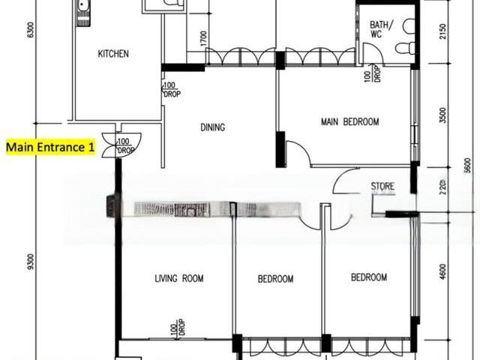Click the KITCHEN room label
pyautogui.click(x=114, y=54)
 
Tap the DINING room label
pyautogui.click(x=213, y=127)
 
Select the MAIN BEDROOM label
pyautogui.click(x=349, y=121)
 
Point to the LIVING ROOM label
pyautogui.click(x=179, y=279)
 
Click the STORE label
pyautogui.click(x=382, y=186)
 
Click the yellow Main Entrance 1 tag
pyautogui.click(x=50, y=147)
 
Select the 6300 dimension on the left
pyautogui.click(x=30, y=31)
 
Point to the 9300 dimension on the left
pyautogui.click(x=30, y=262)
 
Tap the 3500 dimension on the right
pyautogui.click(x=443, y=115)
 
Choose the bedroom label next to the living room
pyautogui.click(x=275, y=279)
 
